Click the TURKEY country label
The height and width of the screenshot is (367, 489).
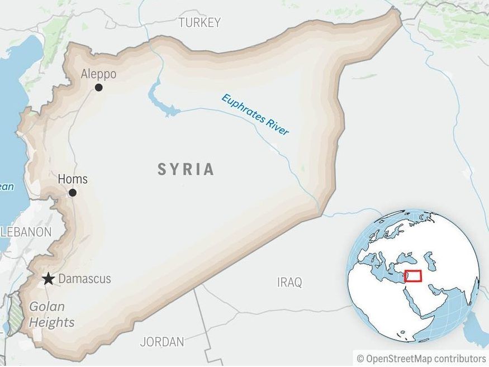[200, 22]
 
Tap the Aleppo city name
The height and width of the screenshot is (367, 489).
[98, 74]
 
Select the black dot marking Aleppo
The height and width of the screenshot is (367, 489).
[99, 87]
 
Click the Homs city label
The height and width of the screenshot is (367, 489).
[73, 179]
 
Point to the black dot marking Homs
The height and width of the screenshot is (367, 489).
[73, 193]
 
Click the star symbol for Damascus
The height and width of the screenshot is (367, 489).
[49, 279]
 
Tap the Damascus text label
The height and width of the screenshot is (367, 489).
[85, 279]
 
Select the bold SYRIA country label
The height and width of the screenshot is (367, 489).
[186, 169]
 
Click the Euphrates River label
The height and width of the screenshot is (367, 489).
[255, 115]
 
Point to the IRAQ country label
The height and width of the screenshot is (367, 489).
[289, 282]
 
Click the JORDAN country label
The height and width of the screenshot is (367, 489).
[162, 341]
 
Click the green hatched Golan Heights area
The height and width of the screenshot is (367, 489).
[16, 316]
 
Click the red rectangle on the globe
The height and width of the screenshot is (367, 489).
[413, 276]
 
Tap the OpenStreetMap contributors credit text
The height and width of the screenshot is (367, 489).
[421, 358]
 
